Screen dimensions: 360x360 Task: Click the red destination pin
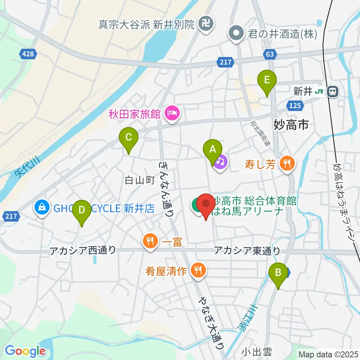click(x=205, y=205)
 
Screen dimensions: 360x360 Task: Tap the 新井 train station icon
click(x=332, y=91)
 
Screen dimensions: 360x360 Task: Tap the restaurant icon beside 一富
click(x=150, y=241)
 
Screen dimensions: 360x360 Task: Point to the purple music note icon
click(x=221, y=162)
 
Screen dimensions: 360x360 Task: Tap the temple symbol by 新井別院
click(x=205, y=24)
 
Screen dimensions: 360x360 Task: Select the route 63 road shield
click(x=270, y=55)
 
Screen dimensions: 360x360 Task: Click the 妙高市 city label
click(x=291, y=124)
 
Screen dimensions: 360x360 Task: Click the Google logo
click(x=25, y=351)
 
